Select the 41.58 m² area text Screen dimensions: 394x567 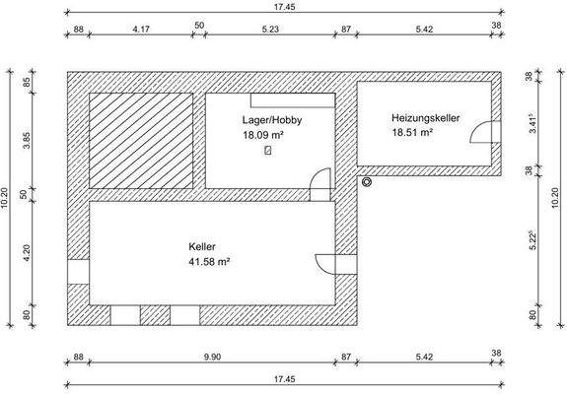pos(209,262)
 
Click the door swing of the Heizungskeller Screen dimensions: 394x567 pos(483,134)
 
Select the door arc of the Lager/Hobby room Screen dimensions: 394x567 pos(319,184)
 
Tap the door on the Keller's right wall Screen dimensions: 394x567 pos(328,264)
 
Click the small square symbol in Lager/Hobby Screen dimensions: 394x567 pos(268,152)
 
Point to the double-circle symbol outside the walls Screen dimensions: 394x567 pos(367,181)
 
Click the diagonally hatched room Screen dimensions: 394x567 pos(141,140)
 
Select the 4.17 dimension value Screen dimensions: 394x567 pos(141,30)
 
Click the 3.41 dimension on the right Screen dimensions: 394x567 pos(532,123)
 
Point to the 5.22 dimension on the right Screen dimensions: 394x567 pos(532,241)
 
